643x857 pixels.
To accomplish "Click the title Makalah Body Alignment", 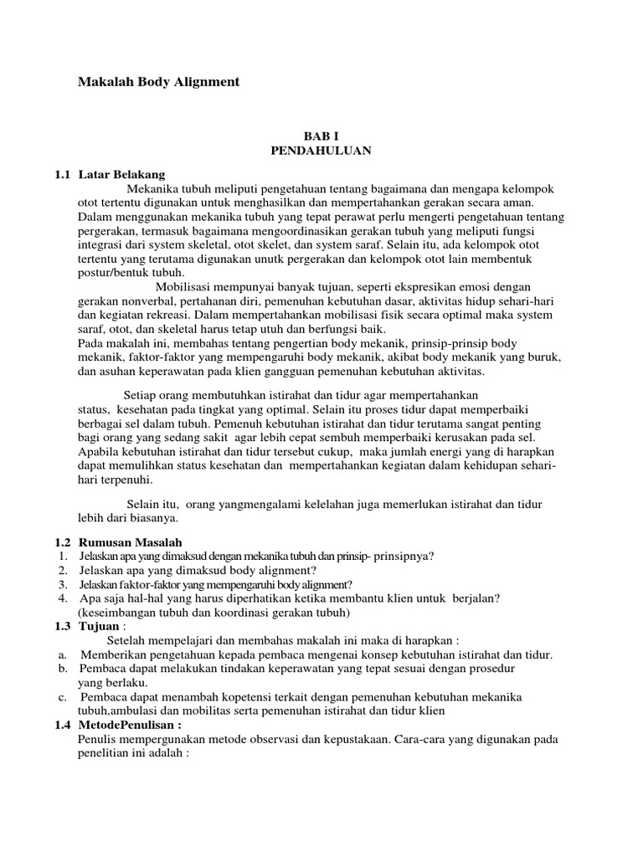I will pyautogui.click(x=158, y=82).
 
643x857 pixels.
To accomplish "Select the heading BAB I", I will pyautogui.click(x=321, y=136).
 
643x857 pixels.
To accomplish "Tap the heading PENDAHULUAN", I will pyautogui.click(x=321, y=151).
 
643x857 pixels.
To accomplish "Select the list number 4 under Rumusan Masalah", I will pyautogui.click(x=63, y=599).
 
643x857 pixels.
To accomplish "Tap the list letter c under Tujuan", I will pyautogui.click(x=62, y=697).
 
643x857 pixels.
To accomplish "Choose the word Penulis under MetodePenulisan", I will pyautogui.click(x=98, y=739).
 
